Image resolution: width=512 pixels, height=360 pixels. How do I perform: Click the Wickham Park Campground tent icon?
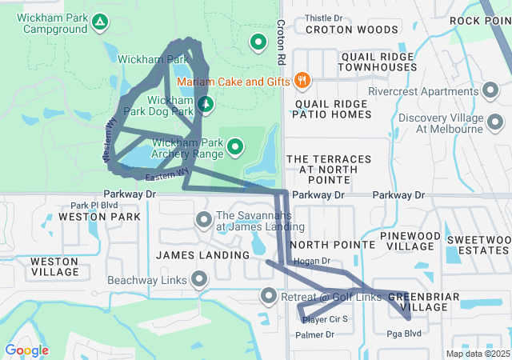click(100, 22)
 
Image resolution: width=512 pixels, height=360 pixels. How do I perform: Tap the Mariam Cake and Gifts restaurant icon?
click(302, 80)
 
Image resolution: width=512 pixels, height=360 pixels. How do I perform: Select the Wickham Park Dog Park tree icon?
click(206, 104)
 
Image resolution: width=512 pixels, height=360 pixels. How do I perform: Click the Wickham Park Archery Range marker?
click(235, 146)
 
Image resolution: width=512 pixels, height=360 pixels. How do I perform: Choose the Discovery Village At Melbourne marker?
click(495, 123)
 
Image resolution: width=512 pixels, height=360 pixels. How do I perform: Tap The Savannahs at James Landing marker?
click(203, 219)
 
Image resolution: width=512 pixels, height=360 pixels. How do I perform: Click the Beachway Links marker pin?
click(198, 280)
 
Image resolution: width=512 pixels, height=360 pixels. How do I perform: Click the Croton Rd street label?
click(281, 43)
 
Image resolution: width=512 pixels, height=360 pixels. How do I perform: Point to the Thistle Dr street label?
click(323, 17)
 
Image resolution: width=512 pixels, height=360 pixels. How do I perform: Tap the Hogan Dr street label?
click(312, 261)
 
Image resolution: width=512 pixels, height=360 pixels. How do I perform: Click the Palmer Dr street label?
click(314, 334)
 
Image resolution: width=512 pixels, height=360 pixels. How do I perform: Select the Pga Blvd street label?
click(403, 334)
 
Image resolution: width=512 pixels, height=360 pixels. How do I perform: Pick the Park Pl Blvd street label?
click(94, 205)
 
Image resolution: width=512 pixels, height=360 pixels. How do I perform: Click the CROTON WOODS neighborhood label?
click(350, 30)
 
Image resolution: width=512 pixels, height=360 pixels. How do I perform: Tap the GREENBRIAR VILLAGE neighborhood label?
click(423, 302)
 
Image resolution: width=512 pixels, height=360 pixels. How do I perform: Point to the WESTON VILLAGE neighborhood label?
click(54, 266)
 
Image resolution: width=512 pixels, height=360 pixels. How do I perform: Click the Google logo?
click(26, 350)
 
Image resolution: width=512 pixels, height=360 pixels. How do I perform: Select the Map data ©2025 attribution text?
click(477, 354)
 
